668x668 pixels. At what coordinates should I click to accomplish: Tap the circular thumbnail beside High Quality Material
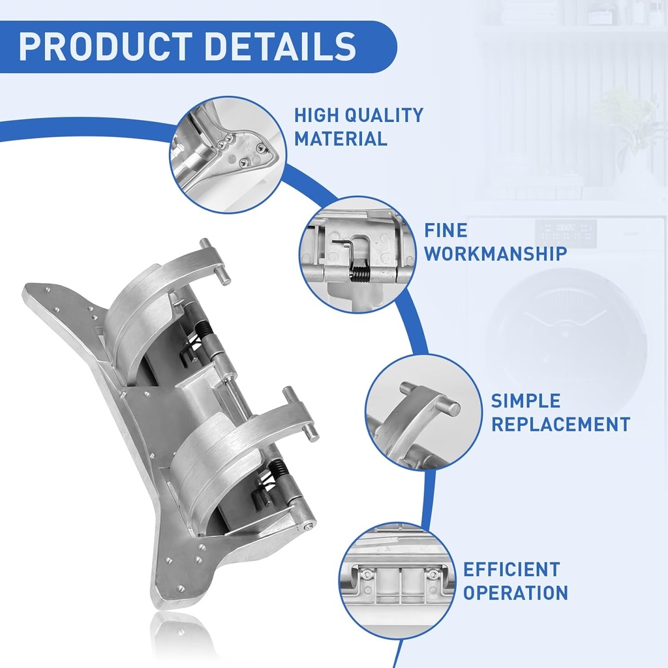point(226,155)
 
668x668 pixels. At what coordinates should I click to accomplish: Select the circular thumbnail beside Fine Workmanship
point(357,254)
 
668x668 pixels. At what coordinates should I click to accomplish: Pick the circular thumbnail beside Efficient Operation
point(397,580)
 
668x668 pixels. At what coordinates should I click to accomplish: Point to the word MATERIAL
point(340,138)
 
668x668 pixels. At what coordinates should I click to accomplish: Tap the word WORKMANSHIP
point(495,253)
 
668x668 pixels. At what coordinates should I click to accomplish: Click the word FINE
point(446,230)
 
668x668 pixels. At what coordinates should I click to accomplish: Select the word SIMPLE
point(525,400)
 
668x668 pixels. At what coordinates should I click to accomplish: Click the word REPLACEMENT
point(560,423)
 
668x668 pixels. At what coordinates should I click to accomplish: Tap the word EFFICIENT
point(511,569)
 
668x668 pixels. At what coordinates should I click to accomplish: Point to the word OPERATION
point(515,592)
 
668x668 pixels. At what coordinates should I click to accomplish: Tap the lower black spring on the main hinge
point(279,470)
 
